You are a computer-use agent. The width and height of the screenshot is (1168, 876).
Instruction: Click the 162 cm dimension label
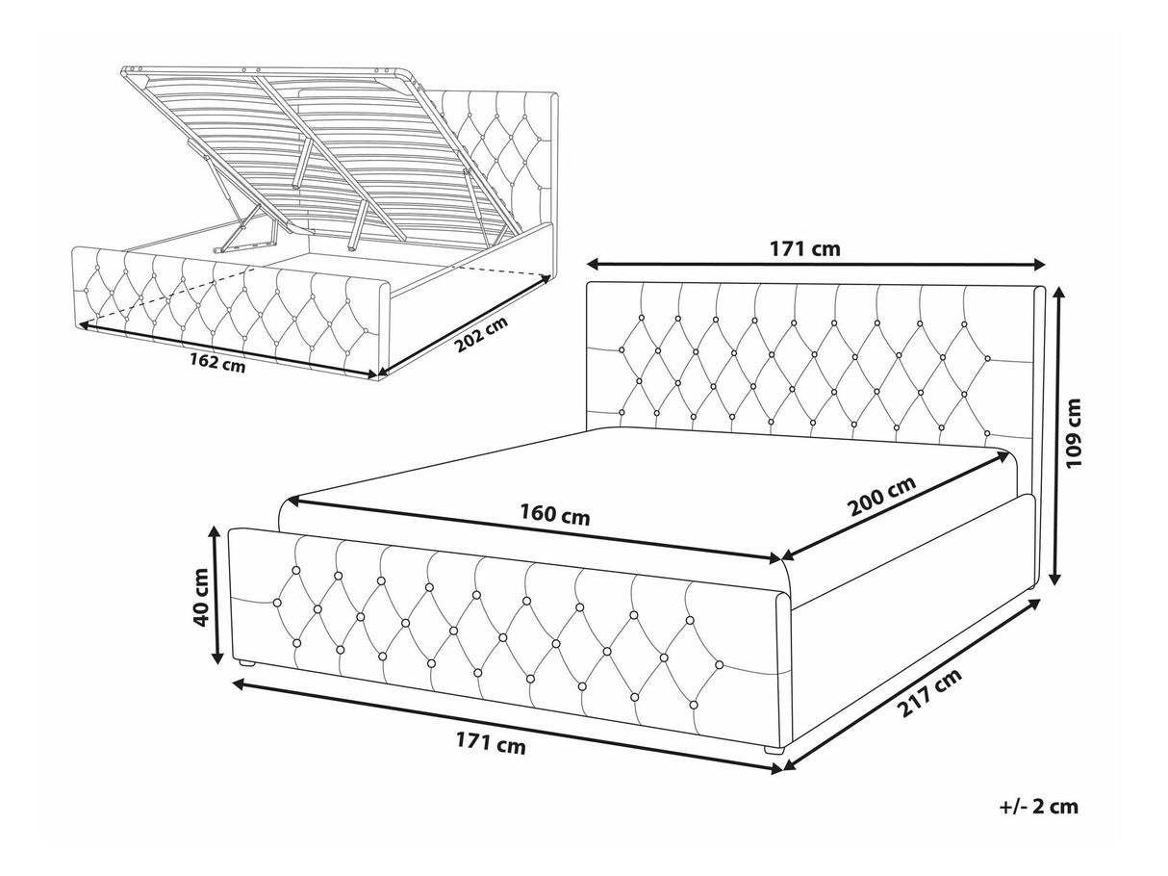(x=217, y=363)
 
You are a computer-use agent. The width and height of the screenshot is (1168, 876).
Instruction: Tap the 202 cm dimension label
(x=481, y=335)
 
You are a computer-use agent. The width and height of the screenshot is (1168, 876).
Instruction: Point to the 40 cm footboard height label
(x=202, y=598)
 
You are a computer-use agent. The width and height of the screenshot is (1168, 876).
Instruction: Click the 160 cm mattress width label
(x=555, y=515)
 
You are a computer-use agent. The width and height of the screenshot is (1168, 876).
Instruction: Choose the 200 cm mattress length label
(x=882, y=496)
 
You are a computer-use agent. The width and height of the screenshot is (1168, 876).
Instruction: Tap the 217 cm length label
(x=929, y=693)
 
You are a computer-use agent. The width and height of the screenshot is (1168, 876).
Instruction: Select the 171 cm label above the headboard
(x=805, y=248)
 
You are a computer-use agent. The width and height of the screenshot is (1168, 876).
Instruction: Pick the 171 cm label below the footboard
(x=491, y=744)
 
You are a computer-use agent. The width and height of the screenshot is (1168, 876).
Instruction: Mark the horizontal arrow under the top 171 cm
(x=816, y=264)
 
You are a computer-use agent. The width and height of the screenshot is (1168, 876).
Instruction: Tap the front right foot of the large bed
(x=774, y=751)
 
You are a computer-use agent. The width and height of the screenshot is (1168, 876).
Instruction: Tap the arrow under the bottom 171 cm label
(x=507, y=725)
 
